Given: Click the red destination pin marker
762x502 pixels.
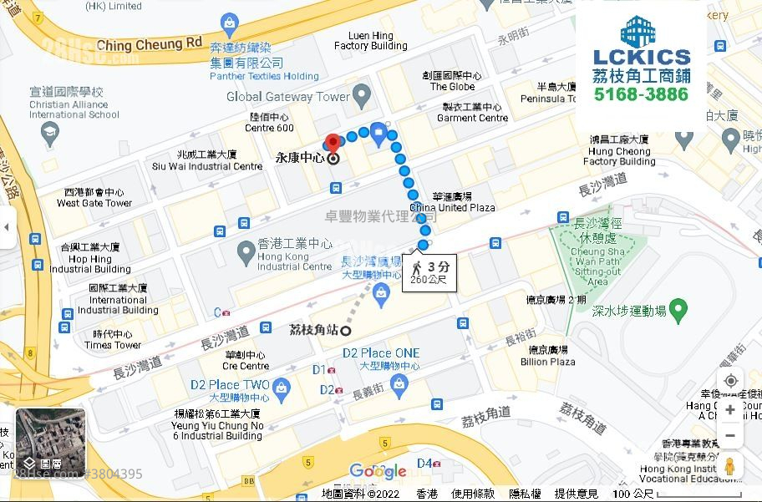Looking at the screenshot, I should [333, 142].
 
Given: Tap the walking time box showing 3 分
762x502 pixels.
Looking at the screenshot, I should [429, 272].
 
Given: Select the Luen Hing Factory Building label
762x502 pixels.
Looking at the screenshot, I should [370, 41].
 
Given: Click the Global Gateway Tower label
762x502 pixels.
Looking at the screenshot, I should [288, 97].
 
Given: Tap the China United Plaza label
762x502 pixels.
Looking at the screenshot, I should [452, 202].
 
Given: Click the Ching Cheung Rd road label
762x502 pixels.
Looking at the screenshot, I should [150, 43].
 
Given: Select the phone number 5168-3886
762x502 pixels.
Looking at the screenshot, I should [641, 94].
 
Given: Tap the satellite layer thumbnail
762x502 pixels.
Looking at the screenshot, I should [50, 442].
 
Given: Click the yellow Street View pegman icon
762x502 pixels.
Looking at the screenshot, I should [729, 465].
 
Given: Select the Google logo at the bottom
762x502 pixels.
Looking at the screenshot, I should [378, 472].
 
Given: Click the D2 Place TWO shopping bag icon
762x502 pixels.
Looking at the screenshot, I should [282, 387].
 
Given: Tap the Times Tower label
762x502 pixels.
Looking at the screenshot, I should [112, 340].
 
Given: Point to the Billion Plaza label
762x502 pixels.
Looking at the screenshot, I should [547, 356].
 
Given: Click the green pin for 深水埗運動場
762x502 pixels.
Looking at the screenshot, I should [678, 311].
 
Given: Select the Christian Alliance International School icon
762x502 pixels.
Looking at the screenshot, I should [51, 133].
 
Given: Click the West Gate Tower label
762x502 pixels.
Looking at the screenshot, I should [94, 197].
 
